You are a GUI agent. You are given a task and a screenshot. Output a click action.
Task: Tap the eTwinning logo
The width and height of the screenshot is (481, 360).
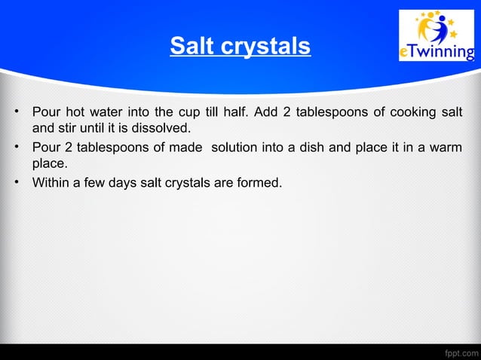437,36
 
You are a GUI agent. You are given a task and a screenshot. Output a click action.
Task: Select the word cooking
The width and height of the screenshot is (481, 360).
408,113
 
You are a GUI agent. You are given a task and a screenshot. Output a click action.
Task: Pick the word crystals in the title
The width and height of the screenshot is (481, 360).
264,47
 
